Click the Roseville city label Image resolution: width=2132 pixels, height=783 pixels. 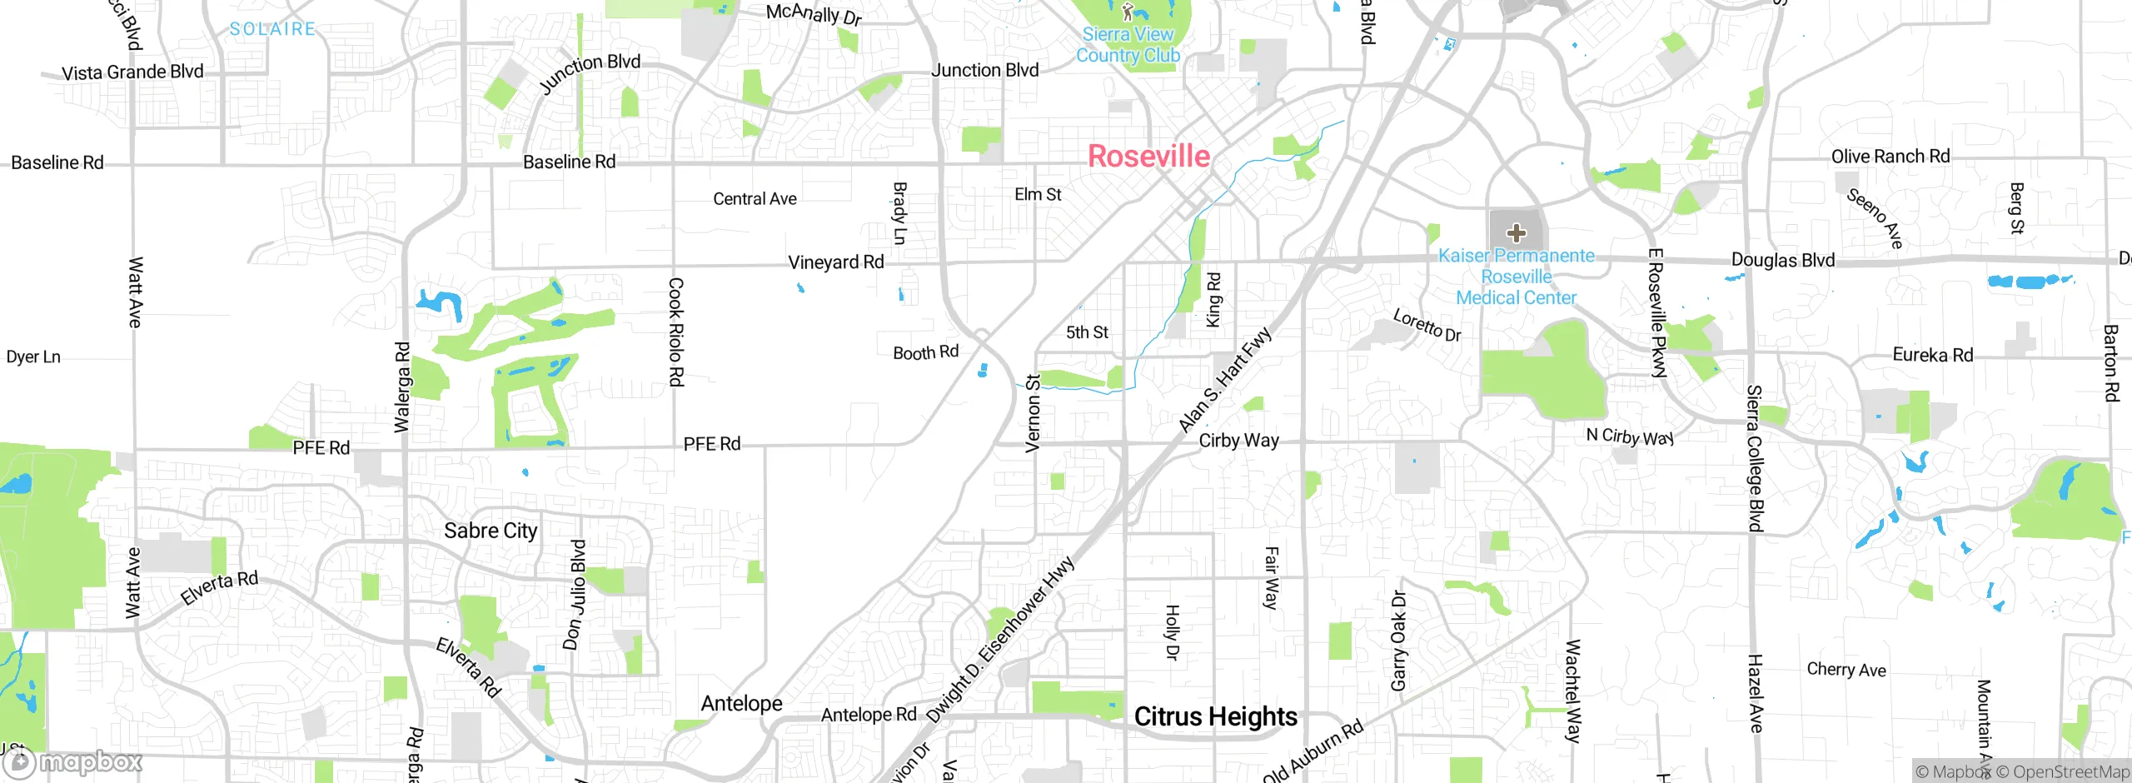coord(1148,157)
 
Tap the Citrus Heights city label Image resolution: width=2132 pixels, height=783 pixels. coord(1215,716)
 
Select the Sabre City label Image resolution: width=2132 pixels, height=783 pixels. coord(491,531)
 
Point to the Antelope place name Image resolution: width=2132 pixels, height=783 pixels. coord(741,704)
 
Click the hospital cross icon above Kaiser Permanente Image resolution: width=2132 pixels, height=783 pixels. coord(1516,233)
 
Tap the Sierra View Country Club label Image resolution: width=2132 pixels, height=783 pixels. coord(1128,45)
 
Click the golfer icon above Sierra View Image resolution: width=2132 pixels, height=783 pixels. coord(1128,12)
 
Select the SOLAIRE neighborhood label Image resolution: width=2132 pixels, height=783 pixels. coord(272,29)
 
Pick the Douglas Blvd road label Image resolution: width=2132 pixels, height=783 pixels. coord(1782,260)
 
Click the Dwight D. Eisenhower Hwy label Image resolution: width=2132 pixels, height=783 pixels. coord(1000,640)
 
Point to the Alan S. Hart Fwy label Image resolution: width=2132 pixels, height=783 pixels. coord(1225,380)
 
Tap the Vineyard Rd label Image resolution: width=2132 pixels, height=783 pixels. coord(835,262)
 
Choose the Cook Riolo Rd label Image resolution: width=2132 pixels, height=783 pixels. coord(676,332)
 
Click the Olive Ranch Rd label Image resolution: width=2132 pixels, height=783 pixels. coord(1890,157)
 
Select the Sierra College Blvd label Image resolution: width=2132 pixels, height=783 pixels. coord(1755,458)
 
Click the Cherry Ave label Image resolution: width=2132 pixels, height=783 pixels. coord(1846,670)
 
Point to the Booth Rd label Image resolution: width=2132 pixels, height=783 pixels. coord(925,353)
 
